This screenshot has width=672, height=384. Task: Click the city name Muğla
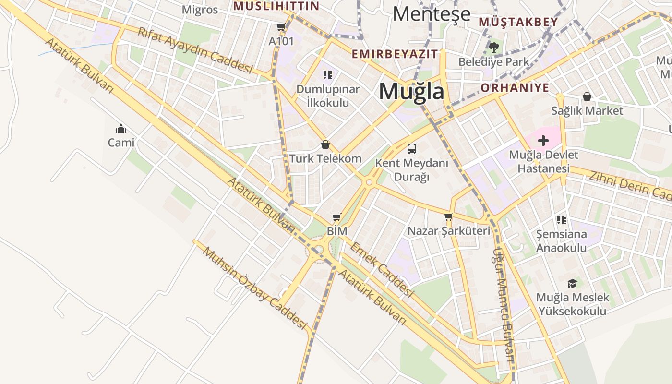point(411,91)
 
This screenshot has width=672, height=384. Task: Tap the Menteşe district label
point(431,14)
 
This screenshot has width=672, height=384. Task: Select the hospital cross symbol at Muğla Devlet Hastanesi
point(543,141)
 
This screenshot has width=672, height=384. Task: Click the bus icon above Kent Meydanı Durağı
point(411,148)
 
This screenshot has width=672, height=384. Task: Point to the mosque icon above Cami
point(120,129)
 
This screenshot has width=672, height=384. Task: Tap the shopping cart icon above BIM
point(336,217)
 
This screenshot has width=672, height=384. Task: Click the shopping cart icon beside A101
point(281,27)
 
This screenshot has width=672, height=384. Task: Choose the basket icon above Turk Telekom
point(325,144)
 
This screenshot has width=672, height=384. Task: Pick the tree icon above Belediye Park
point(493,47)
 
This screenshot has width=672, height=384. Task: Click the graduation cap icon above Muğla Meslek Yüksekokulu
point(572,283)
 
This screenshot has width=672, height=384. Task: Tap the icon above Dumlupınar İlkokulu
point(327,75)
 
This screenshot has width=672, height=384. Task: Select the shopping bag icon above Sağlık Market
point(587,97)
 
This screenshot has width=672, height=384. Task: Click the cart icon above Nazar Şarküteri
point(449,217)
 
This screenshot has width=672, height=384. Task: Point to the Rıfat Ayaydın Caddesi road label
point(195,50)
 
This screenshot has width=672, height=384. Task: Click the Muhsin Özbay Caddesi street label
point(254,288)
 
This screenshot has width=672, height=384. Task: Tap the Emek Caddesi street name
point(382,269)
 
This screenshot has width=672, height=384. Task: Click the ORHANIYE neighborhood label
point(515,88)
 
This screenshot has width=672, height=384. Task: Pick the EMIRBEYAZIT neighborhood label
point(395,54)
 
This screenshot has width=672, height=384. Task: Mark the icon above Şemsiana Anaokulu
point(561,220)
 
